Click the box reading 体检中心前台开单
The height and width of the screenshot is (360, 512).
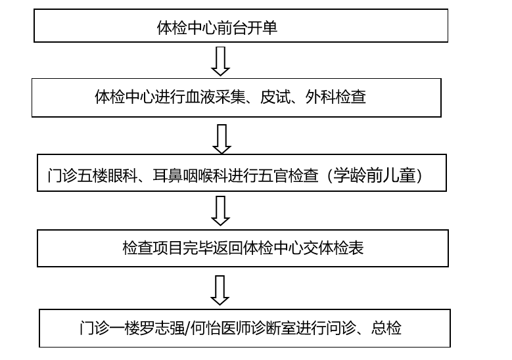tap(241, 26)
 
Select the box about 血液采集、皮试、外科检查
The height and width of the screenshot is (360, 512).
tap(236, 98)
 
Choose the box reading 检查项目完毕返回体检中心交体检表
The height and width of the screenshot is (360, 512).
tap(243, 248)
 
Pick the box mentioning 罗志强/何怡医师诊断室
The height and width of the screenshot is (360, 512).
tap(244, 327)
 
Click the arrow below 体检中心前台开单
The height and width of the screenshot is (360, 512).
tap(221, 61)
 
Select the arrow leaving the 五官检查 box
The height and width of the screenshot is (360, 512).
tap(222, 211)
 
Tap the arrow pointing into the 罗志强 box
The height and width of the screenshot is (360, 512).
tap(222, 289)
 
